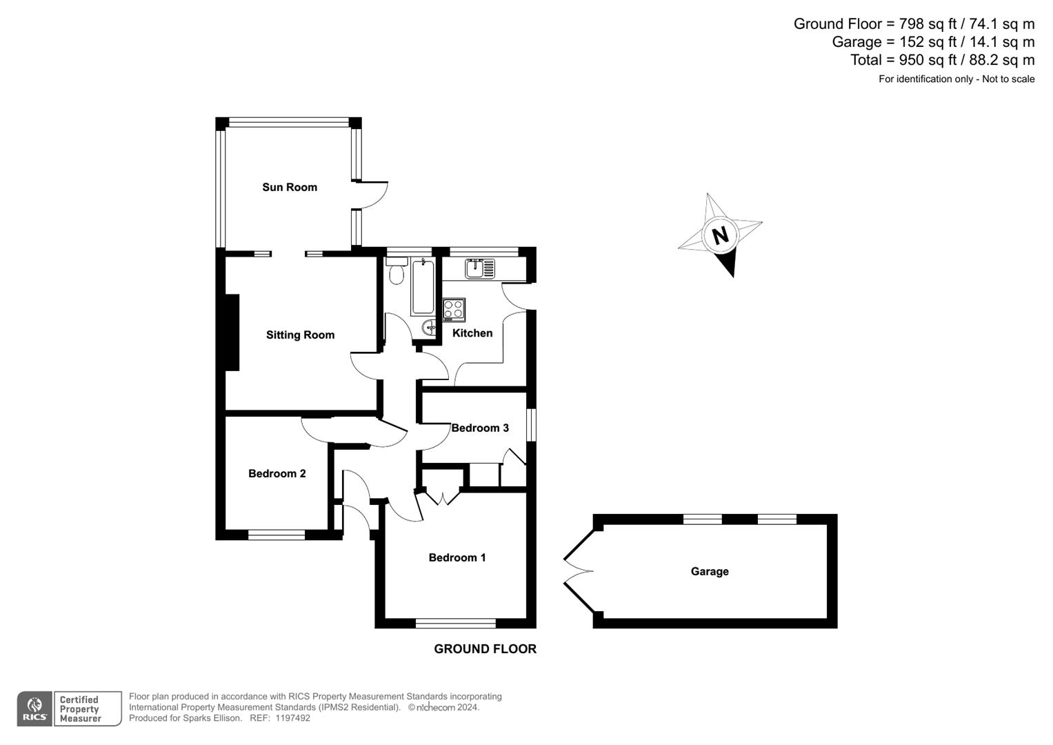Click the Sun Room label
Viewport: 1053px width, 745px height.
(x=290, y=187)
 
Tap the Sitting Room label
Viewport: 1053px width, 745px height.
(x=300, y=335)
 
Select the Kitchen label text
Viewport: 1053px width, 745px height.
(x=472, y=333)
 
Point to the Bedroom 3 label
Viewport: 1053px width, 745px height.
(x=480, y=428)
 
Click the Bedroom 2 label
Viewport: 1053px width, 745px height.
(x=277, y=473)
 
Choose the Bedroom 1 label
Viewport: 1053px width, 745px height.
(x=457, y=557)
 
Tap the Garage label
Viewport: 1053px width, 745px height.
(x=710, y=571)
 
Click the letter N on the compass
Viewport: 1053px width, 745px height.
(x=720, y=235)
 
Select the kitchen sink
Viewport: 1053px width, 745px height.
(x=479, y=268)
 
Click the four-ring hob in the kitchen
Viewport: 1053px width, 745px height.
(x=454, y=309)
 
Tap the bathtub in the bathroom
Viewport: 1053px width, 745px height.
(x=422, y=288)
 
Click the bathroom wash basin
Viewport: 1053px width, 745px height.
(x=429, y=327)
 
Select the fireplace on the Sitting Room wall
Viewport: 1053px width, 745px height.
(x=232, y=332)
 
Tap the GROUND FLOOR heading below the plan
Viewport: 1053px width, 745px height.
(x=485, y=649)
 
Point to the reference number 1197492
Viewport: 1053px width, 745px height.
(x=293, y=718)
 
